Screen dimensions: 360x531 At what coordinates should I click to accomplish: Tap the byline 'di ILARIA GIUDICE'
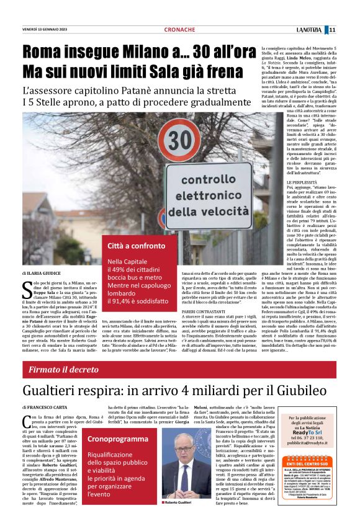(42, 273)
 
